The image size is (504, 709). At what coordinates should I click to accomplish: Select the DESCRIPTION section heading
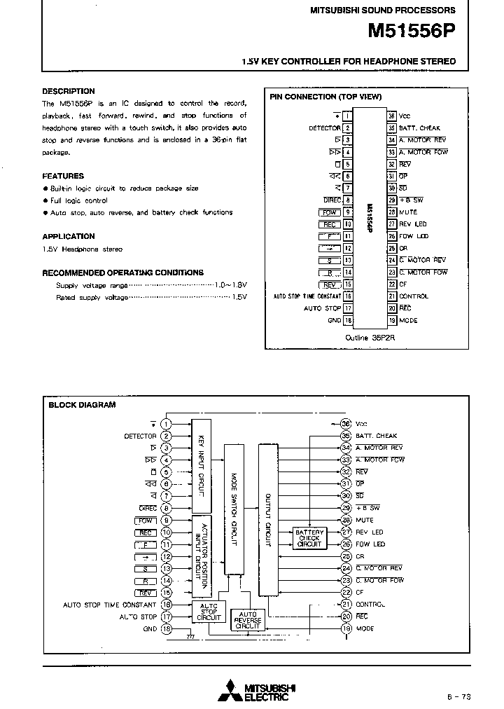tap(68, 91)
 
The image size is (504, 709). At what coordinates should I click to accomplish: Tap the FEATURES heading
tap(63, 176)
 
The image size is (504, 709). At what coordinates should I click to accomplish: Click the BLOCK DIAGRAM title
tap(82, 405)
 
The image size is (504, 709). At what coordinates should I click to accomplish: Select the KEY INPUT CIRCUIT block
tap(201, 465)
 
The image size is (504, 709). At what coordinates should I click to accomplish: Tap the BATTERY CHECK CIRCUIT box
tap(309, 538)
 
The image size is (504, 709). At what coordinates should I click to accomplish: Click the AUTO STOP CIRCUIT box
tap(209, 612)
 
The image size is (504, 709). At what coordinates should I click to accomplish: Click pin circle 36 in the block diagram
tap(346, 424)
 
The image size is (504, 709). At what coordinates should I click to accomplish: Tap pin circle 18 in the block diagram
tap(166, 628)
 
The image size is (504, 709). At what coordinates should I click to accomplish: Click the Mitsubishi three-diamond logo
tap(229, 690)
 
